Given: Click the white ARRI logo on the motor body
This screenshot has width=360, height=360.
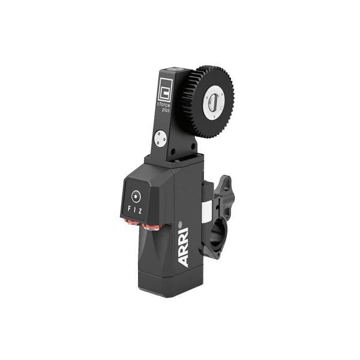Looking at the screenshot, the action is coord(184,247).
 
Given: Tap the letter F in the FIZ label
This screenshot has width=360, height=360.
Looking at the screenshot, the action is coord(129,209).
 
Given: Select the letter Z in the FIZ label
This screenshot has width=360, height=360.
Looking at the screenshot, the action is coord(140,211).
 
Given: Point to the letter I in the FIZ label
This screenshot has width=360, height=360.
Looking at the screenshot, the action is coord(134,210).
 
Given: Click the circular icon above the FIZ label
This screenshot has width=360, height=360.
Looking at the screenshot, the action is coord(136,197).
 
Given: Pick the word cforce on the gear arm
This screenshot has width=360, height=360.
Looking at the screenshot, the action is coord(163,105).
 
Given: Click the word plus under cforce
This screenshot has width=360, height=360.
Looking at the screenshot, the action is coord(166,110).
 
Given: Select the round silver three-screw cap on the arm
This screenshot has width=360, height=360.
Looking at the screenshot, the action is coord(160,139).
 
